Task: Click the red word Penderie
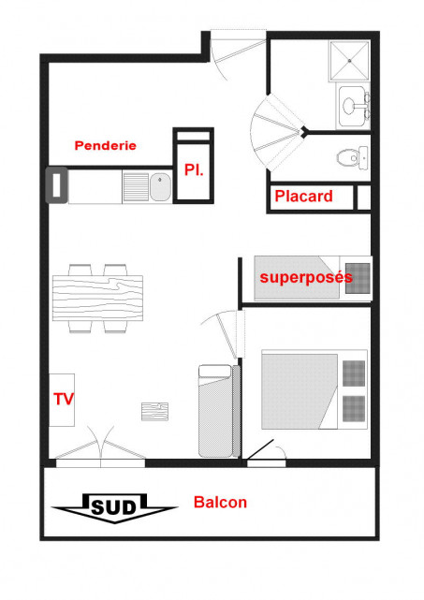106,145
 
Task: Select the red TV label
64,400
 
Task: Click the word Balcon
220,503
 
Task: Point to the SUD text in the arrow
113,508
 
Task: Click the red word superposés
305,277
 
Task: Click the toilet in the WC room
354,158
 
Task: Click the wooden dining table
96,298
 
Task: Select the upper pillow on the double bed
354,371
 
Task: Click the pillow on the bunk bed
358,278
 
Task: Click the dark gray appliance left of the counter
55,183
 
